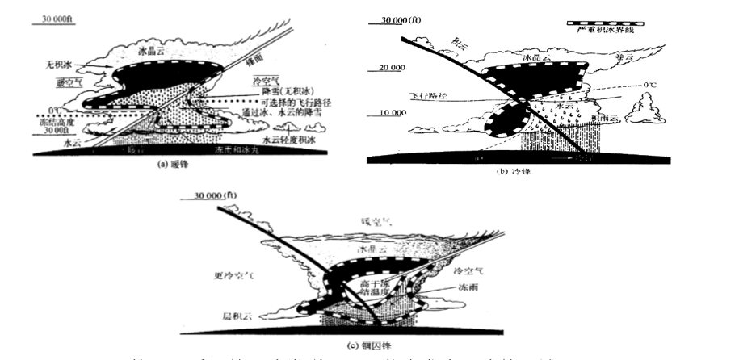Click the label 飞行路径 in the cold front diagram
point(430,95)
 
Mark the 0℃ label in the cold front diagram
point(645,85)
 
